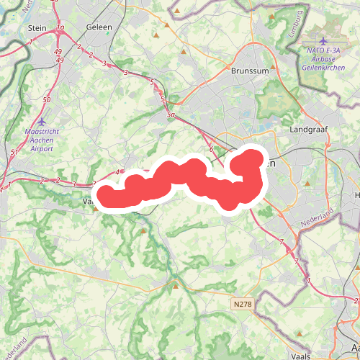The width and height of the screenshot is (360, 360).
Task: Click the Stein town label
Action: click(x=36, y=27)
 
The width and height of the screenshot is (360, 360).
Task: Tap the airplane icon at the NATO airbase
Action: click(x=323, y=40)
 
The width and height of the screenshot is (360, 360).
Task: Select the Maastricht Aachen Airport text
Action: click(x=42, y=138)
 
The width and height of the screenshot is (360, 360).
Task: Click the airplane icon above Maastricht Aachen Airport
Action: click(x=42, y=122)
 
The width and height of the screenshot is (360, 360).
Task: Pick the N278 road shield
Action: click(x=243, y=305)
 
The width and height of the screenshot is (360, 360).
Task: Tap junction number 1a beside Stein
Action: click(x=61, y=27)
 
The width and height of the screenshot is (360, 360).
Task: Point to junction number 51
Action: click(x=14, y=152)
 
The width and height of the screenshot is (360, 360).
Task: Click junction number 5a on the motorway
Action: click(x=171, y=114)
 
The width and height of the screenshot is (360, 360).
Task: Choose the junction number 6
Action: click(x=211, y=149)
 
